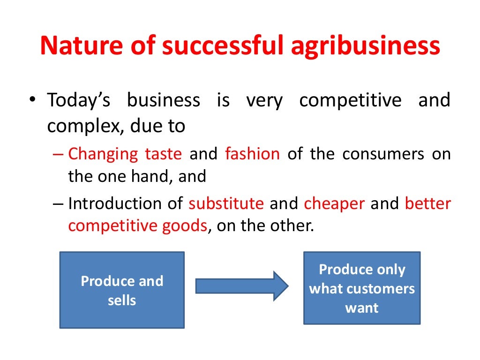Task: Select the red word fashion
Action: tap(252, 154)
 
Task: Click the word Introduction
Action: tap(111, 204)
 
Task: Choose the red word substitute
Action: tap(226, 204)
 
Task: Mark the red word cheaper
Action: tap(335, 204)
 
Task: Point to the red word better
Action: tap(427, 204)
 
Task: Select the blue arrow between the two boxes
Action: tap(241, 285)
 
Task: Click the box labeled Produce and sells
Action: tap(122, 290)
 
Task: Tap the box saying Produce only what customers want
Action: tap(362, 288)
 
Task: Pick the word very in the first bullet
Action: tap(264, 101)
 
